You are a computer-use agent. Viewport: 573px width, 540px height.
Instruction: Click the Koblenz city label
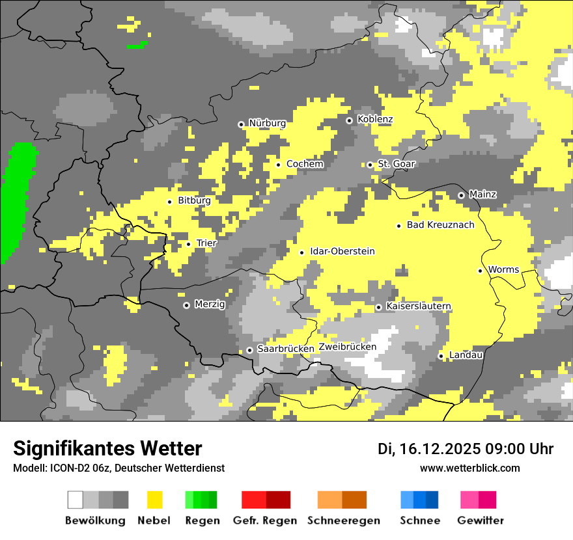pos(375,120)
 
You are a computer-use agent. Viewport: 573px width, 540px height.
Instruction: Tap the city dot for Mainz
pos(461,195)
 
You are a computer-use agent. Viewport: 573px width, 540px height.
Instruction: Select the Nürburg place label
pos(267,124)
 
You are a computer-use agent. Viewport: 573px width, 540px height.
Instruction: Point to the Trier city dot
pos(189,244)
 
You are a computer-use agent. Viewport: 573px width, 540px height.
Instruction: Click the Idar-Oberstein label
pos(342,251)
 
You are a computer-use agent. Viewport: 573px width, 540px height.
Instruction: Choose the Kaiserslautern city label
pos(419,306)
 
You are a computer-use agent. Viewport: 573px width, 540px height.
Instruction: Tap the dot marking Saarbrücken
pos(249,350)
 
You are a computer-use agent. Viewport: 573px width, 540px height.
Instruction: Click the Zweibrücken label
pos(348,347)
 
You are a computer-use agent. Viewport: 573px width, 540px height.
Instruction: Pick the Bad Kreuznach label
pos(441,225)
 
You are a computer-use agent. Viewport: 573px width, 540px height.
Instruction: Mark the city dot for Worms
pos(480,271)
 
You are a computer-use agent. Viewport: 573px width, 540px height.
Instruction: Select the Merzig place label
pos(210,304)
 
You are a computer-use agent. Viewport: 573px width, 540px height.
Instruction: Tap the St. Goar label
pos(397,164)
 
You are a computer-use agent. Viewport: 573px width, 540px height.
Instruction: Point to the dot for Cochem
pos(278,165)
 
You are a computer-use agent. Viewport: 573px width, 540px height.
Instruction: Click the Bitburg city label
pos(194,201)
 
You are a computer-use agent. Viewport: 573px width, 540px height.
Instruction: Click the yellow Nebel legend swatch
pos(154,500)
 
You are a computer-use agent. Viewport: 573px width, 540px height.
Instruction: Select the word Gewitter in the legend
pos(481,520)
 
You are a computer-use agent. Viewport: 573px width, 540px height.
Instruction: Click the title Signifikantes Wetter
pos(107,449)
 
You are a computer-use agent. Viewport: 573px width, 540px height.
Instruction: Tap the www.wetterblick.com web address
pos(469,468)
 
